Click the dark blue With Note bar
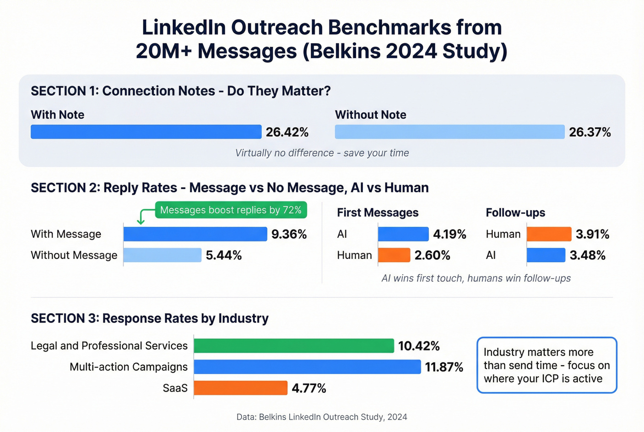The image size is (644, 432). (x=146, y=132)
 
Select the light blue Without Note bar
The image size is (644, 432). (x=449, y=132)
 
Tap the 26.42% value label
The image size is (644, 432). (x=287, y=132)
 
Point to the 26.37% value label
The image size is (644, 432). (x=590, y=132)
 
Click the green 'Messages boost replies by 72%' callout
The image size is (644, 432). (x=230, y=210)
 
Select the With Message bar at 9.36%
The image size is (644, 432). (x=195, y=234)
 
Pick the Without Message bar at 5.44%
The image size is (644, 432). (x=162, y=255)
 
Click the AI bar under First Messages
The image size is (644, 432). (x=403, y=234)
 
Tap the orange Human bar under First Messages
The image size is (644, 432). (x=394, y=255)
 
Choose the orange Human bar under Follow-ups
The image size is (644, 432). (x=549, y=234)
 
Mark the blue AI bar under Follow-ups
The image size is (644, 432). (x=546, y=255)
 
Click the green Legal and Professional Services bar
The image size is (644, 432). (x=294, y=346)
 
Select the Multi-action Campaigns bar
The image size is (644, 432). (x=307, y=367)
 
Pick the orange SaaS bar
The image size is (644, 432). (x=241, y=388)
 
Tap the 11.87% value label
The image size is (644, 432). (x=444, y=367)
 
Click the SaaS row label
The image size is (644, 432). (x=175, y=388)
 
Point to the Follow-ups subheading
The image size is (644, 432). (x=515, y=213)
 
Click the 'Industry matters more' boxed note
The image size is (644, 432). (x=546, y=365)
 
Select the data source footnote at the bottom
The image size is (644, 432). (x=322, y=417)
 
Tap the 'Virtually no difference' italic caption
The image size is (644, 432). (x=322, y=153)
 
